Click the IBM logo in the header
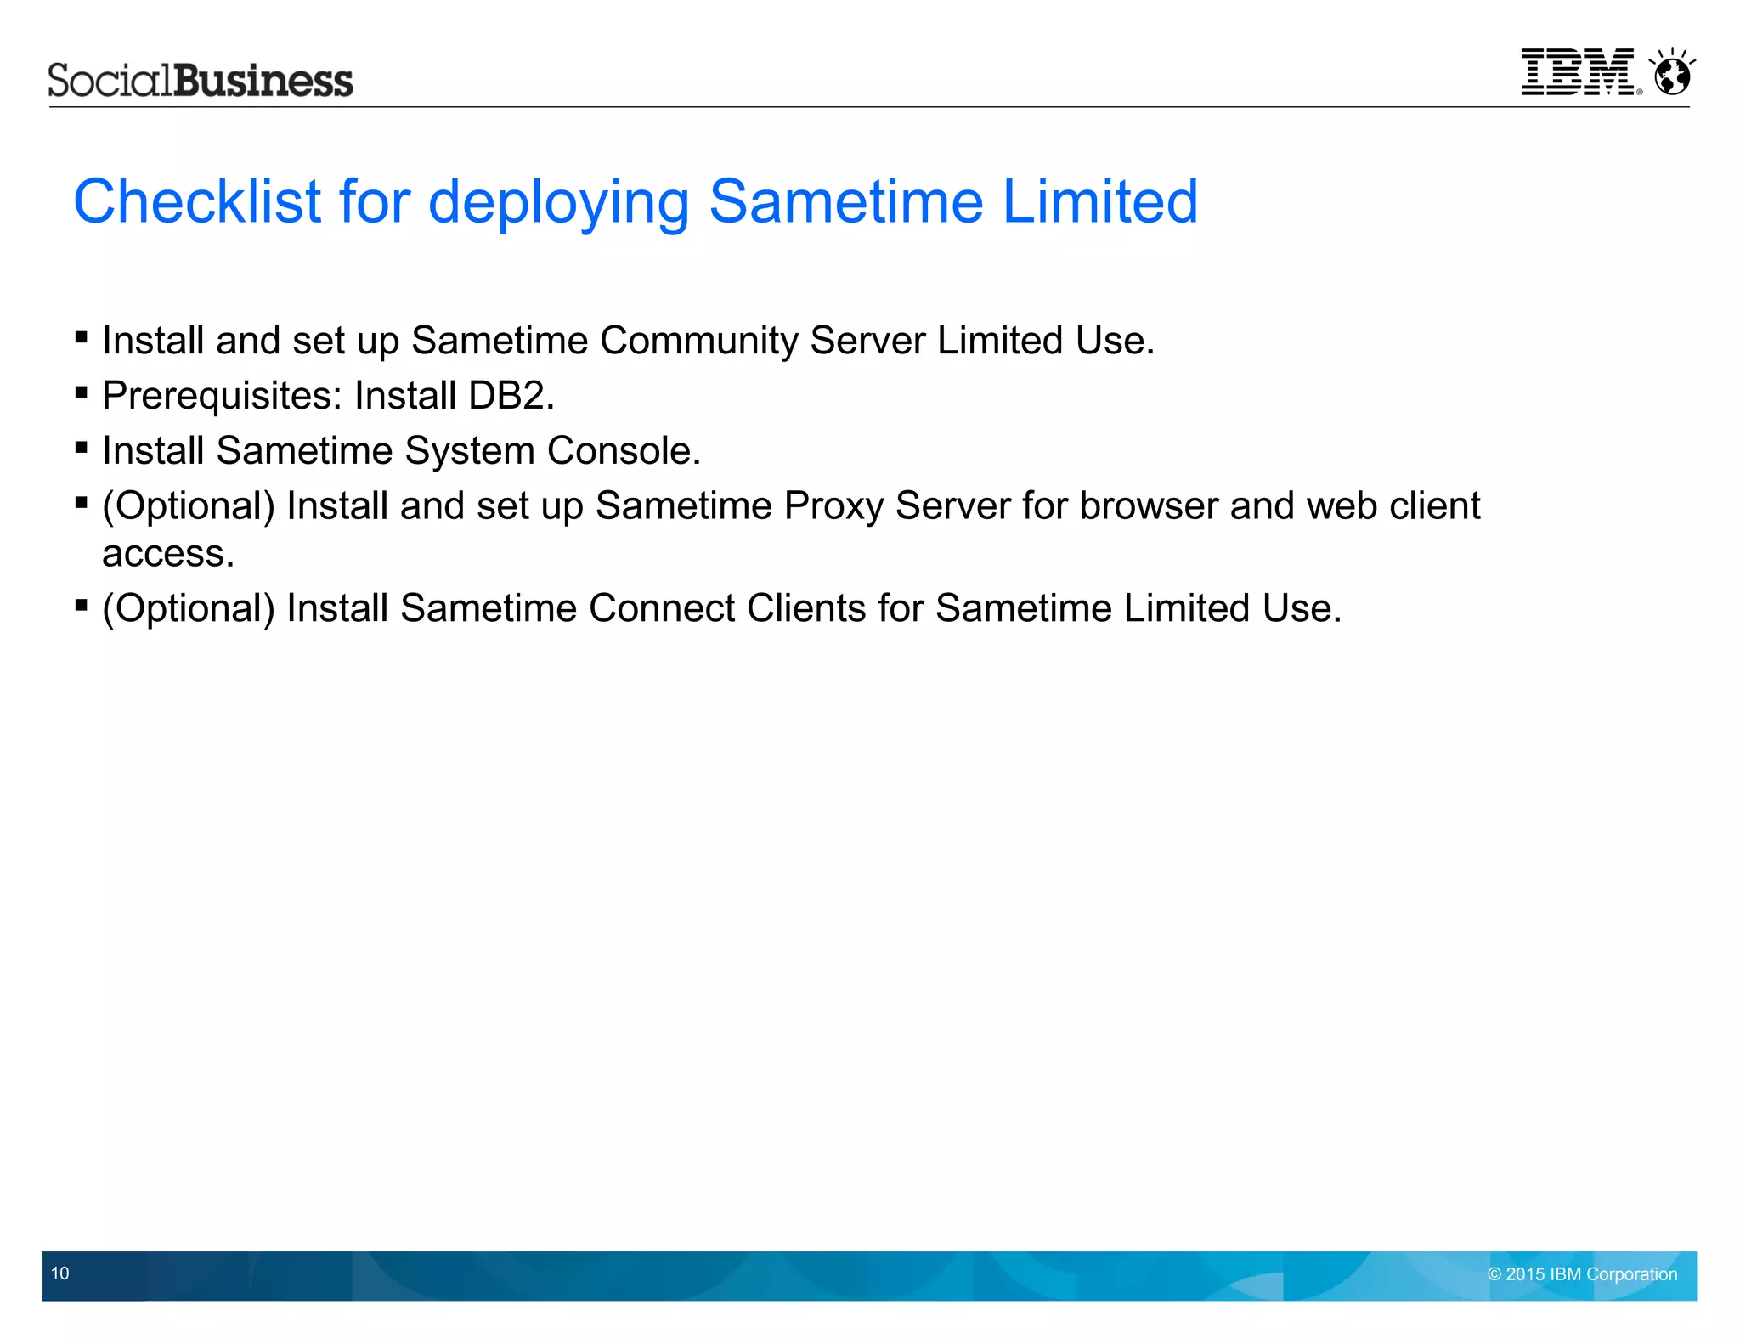[x=1578, y=72]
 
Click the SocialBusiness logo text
[x=201, y=81]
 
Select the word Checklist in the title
[x=197, y=202]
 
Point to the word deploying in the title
[x=558, y=202]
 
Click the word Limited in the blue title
[x=1100, y=202]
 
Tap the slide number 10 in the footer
[x=60, y=1273]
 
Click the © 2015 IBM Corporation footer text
[x=1582, y=1274]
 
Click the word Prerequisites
[x=222, y=396]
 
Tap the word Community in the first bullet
[x=698, y=341]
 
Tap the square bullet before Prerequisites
[x=82, y=392]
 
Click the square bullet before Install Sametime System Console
[x=82, y=448]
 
